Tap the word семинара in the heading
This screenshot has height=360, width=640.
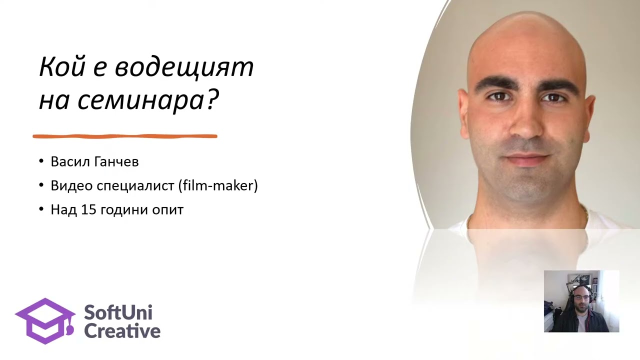pos(140,100)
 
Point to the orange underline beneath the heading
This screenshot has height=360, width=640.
pos(125,136)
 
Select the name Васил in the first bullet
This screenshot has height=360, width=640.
pos(70,162)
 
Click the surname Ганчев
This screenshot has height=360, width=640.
pos(115,162)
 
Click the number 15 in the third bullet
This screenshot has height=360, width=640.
pos(88,209)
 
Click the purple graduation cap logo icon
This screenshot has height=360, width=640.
pos(45,320)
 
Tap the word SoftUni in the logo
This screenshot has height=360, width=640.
pos(118,313)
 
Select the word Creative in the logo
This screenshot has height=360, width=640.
pos(122,330)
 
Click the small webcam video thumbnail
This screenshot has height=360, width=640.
pos(581,301)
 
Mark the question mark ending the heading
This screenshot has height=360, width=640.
pos(212,100)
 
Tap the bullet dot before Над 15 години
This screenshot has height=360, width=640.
pos(41,210)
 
